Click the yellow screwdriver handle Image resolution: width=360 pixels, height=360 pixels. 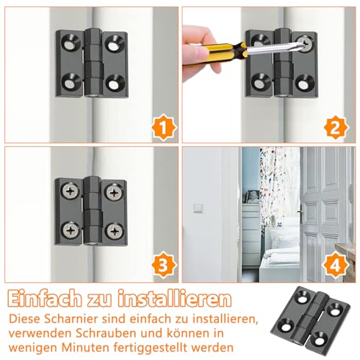coord(220,48)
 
